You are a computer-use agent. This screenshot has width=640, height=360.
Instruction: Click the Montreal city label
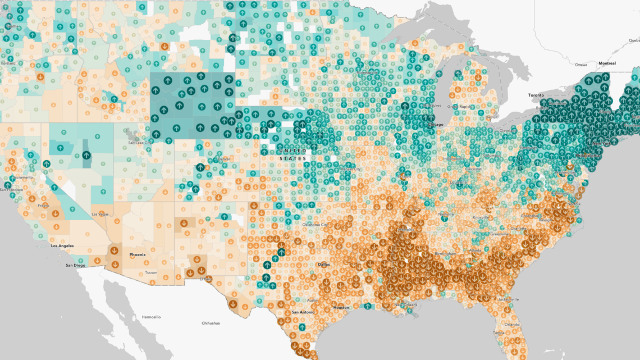click(x=606, y=63)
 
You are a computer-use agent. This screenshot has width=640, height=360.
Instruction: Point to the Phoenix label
click(x=138, y=254)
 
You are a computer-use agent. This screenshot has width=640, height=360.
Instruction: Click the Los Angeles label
click(x=62, y=246)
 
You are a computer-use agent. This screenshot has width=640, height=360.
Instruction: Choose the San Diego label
click(x=75, y=265)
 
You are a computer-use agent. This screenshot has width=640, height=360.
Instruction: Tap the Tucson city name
click(x=150, y=272)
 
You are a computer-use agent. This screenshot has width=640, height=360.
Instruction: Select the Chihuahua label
click(x=211, y=323)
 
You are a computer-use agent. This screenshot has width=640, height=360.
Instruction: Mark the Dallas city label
click(x=323, y=264)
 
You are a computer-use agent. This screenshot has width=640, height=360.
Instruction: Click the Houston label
click(x=341, y=307)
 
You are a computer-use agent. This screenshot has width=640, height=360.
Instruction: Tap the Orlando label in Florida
click(x=511, y=324)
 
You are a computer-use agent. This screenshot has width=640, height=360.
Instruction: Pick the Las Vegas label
click(x=100, y=214)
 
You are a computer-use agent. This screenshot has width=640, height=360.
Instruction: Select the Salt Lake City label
click(x=140, y=143)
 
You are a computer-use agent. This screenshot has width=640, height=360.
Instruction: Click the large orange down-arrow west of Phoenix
click(x=115, y=251)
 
